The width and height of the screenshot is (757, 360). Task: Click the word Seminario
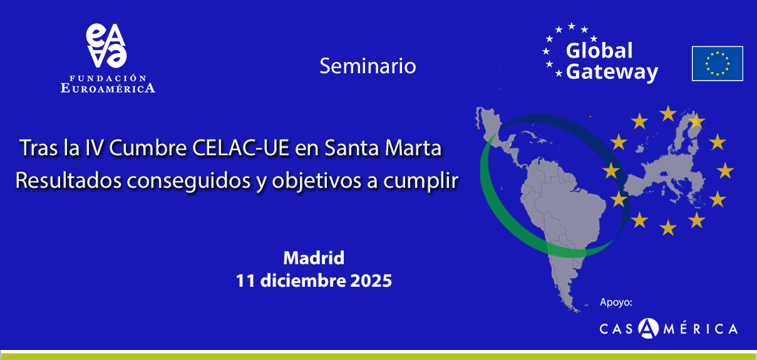pyautogui.click(x=368, y=66)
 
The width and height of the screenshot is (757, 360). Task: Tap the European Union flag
pyautogui.click(x=717, y=63)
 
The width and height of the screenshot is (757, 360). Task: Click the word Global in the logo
pyautogui.click(x=599, y=51)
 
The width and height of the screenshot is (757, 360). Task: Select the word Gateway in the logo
pyautogui.click(x=612, y=72)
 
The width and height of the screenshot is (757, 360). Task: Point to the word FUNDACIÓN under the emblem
pyautogui.click(x=108, y=78)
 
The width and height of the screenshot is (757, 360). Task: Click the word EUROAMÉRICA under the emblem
pyautogui.click(x=108, y=88)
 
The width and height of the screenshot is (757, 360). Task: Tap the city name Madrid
pyautogui.click(x=314, y=257)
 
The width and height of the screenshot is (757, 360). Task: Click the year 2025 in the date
pyautogui.click(x=369, y=280)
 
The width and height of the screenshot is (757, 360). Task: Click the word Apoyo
pyautogui.click(x=616, y=302)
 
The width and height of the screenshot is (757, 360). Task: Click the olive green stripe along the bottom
pyautogui.click(x=378, y=356)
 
